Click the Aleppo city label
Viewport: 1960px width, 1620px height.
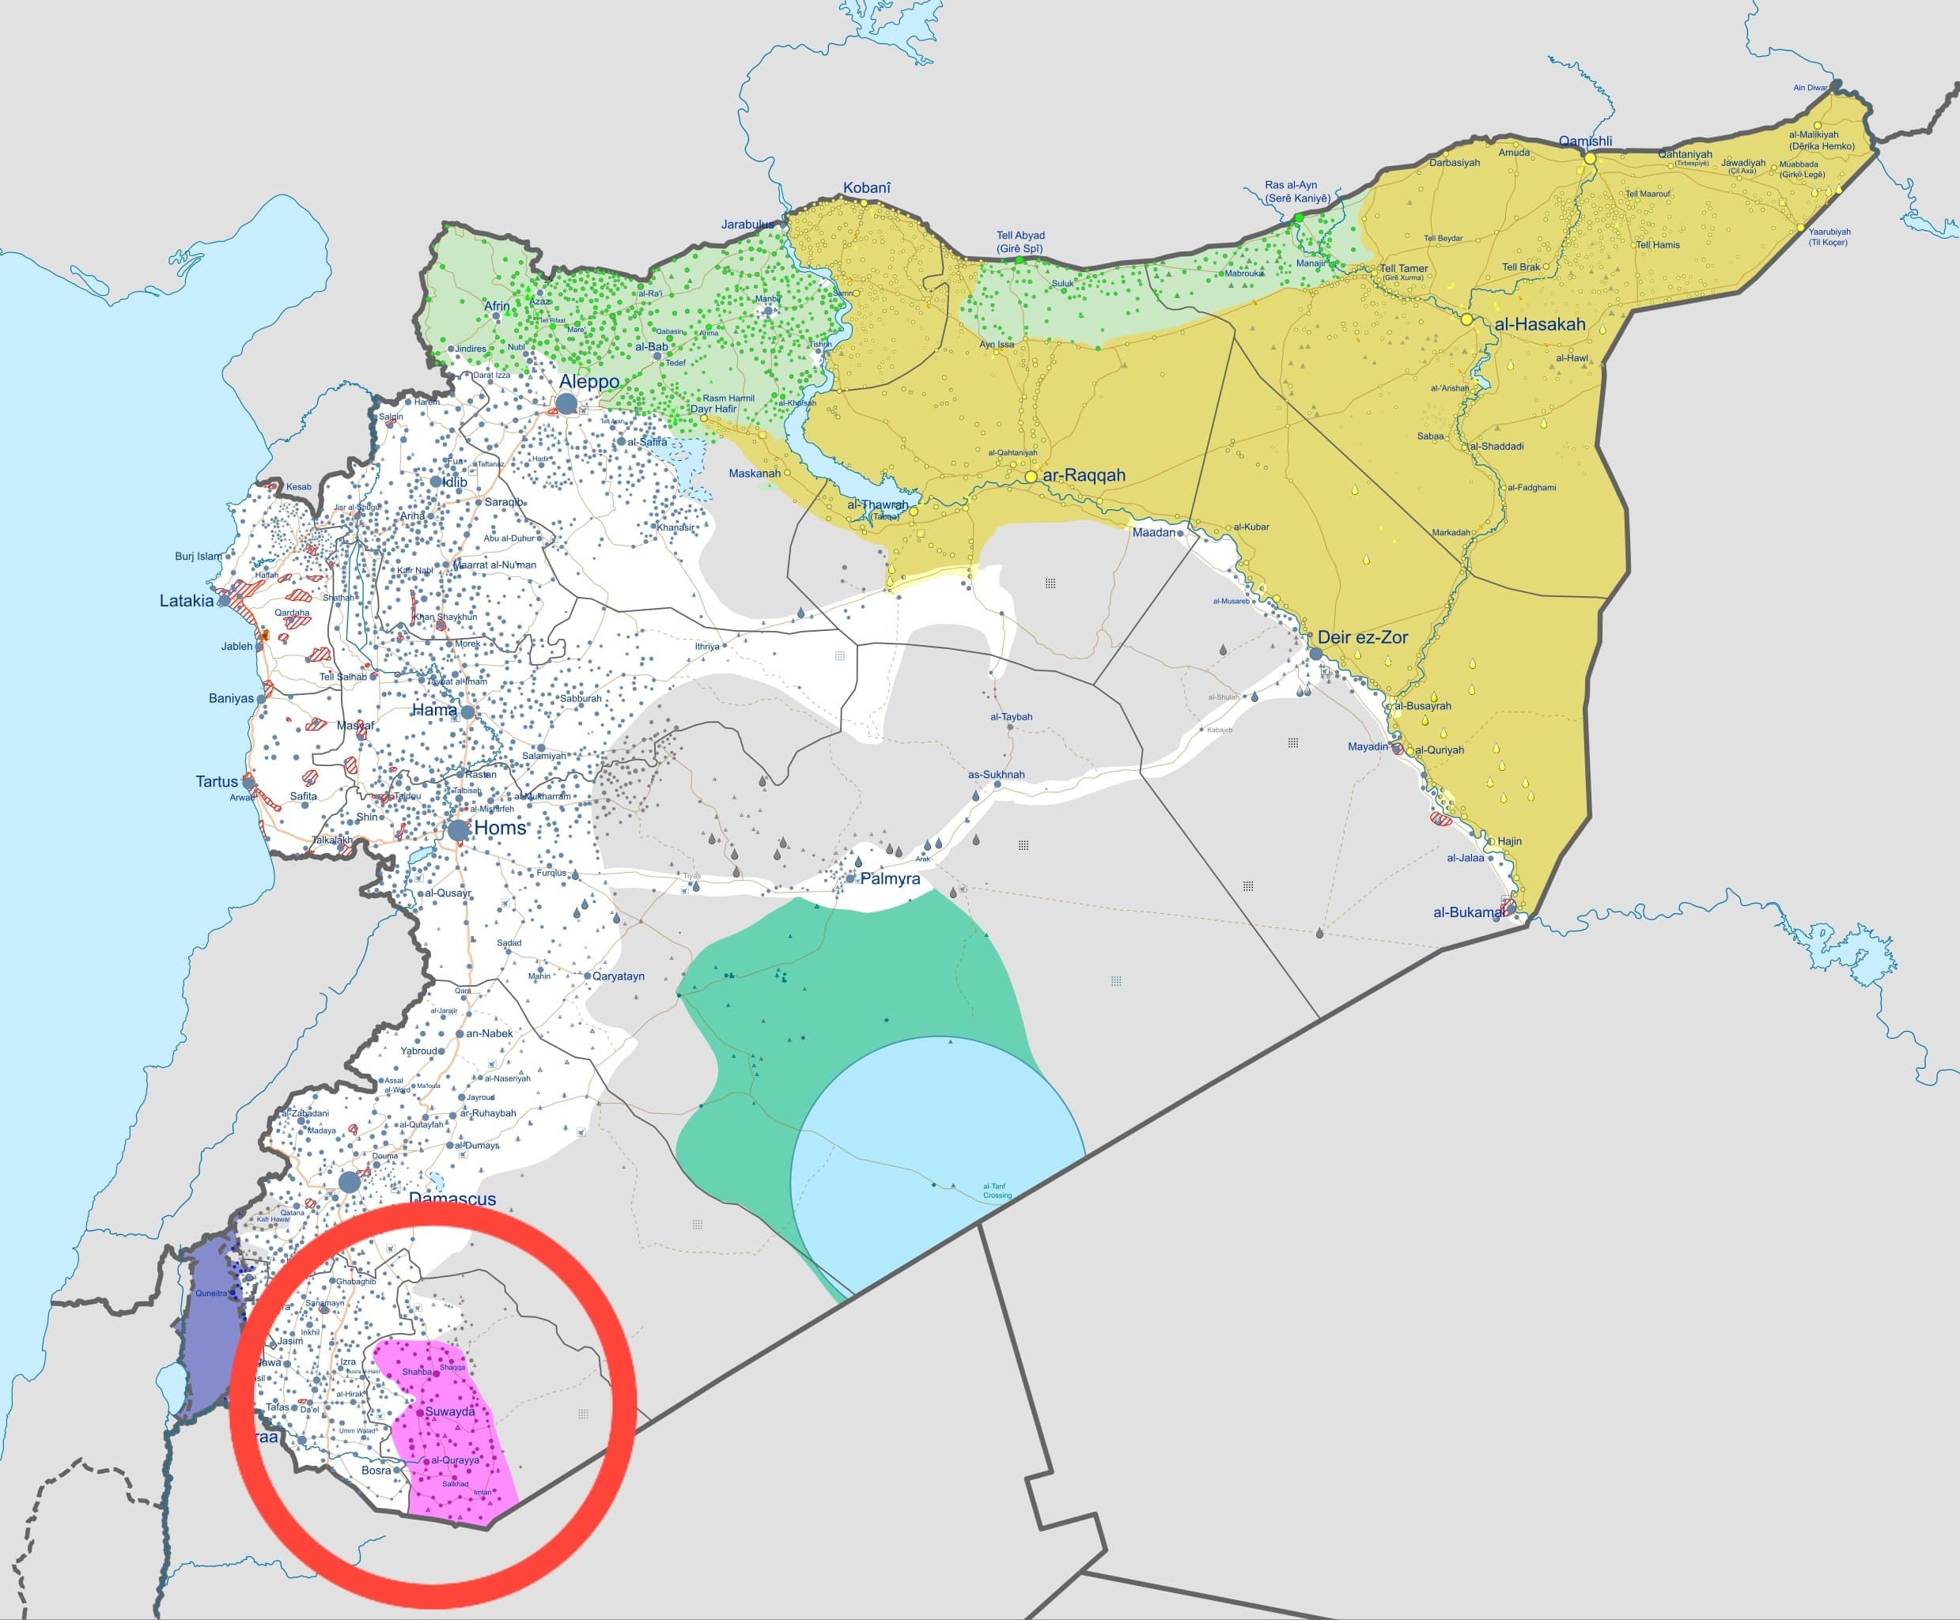pyautogui.click(x=589, y=382)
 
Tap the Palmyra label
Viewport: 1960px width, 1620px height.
pyautogui.click(x=890, y=878)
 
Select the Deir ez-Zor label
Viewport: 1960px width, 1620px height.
pyautogui.click(x=1363, y=637)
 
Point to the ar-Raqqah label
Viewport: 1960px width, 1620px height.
pyautogui.click(x=1084, y=475)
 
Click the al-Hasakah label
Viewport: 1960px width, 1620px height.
pyautogui.click(x=1540, y=325)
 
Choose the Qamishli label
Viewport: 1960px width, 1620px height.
pyautogui.click(x=1585, y=141)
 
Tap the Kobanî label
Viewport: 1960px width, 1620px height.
pyautogui.click(x=866, y=187)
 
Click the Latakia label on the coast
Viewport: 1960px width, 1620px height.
pyautogui.click(x=187, y=601)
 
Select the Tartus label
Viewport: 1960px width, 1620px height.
pyautogui.click(x=217, y=781)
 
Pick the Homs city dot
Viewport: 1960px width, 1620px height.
pyautogui.click(x=458, y=829)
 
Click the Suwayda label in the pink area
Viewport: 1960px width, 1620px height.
pyautogui.click(x=450, y=1411)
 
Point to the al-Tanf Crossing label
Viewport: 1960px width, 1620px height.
pyautogui.click(x=996, y=1191)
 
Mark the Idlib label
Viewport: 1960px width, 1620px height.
pyautogui.click(x=455, y=481)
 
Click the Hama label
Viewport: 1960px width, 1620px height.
pyautogui.click(x=434, y=710)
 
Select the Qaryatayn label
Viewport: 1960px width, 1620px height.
pyautogui.click(x=619, y=976)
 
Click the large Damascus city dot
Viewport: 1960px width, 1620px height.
pyautogui.click(x=349, y=1181)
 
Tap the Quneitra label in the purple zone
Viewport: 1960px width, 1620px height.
pyautogui.click(x=210, y=1293)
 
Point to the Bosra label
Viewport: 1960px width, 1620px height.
pyautogui.click(x=376, y=1470)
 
